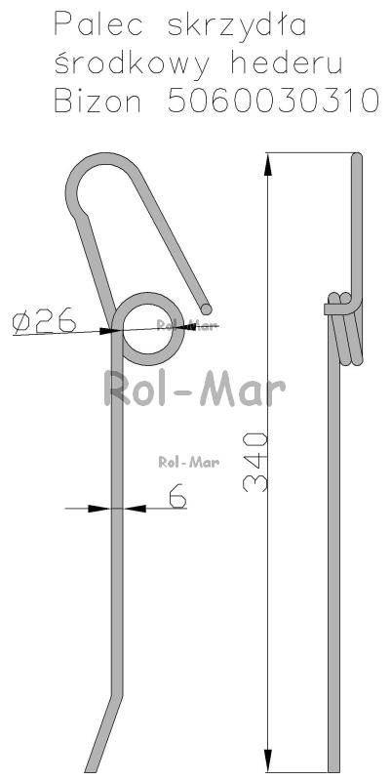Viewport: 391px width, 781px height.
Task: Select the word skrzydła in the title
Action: pyautogui.click(x=237, y=25)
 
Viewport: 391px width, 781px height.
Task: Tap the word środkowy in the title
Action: pyautogui.click(x=132, y=64)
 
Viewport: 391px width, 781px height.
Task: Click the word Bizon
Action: pyautogui.click(x=98, y=101)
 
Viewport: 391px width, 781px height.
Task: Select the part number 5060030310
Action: pyautogui.click(x=273, y=101)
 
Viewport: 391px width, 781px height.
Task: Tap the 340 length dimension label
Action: pyautogui.click(x=255, y=462)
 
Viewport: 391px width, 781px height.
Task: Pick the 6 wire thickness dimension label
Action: pyautogui.click(x=177, y=495)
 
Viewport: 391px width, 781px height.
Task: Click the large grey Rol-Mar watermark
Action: pyautogui.click(x=194, y=389)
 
